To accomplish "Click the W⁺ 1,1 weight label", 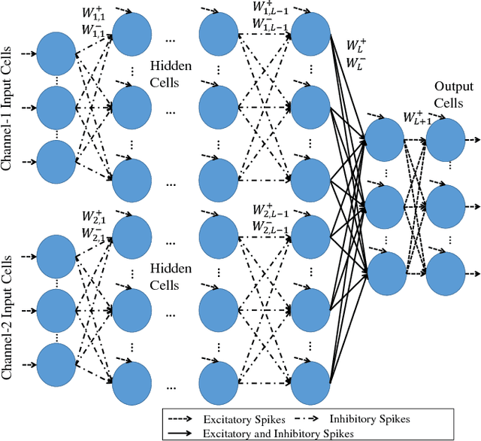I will click(x=93, y=14).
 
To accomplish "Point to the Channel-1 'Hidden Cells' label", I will click(x=171, y=74).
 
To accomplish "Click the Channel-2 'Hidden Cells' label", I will click(x=171, y=276).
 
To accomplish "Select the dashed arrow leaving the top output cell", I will click(x=473, y=139).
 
